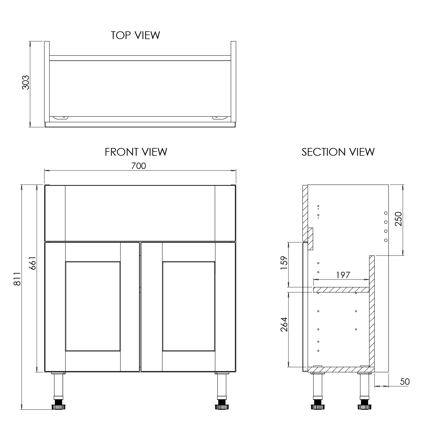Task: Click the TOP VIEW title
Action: [135, 35]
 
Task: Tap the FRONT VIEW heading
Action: [136, 152]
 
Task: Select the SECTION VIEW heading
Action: [338, 152]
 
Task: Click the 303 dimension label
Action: [26, 82]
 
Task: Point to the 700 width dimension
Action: [138, 166]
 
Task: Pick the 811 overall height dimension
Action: [17, 279]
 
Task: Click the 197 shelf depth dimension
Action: [343, 275]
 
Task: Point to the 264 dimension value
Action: [284, 324]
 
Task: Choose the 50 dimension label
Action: [405, 382]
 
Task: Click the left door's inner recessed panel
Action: [93, 306]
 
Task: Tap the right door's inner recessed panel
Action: [188, 306]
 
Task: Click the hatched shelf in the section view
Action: [341, 290]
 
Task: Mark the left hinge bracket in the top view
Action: [61, 118]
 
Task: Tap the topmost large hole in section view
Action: [386, 213]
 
